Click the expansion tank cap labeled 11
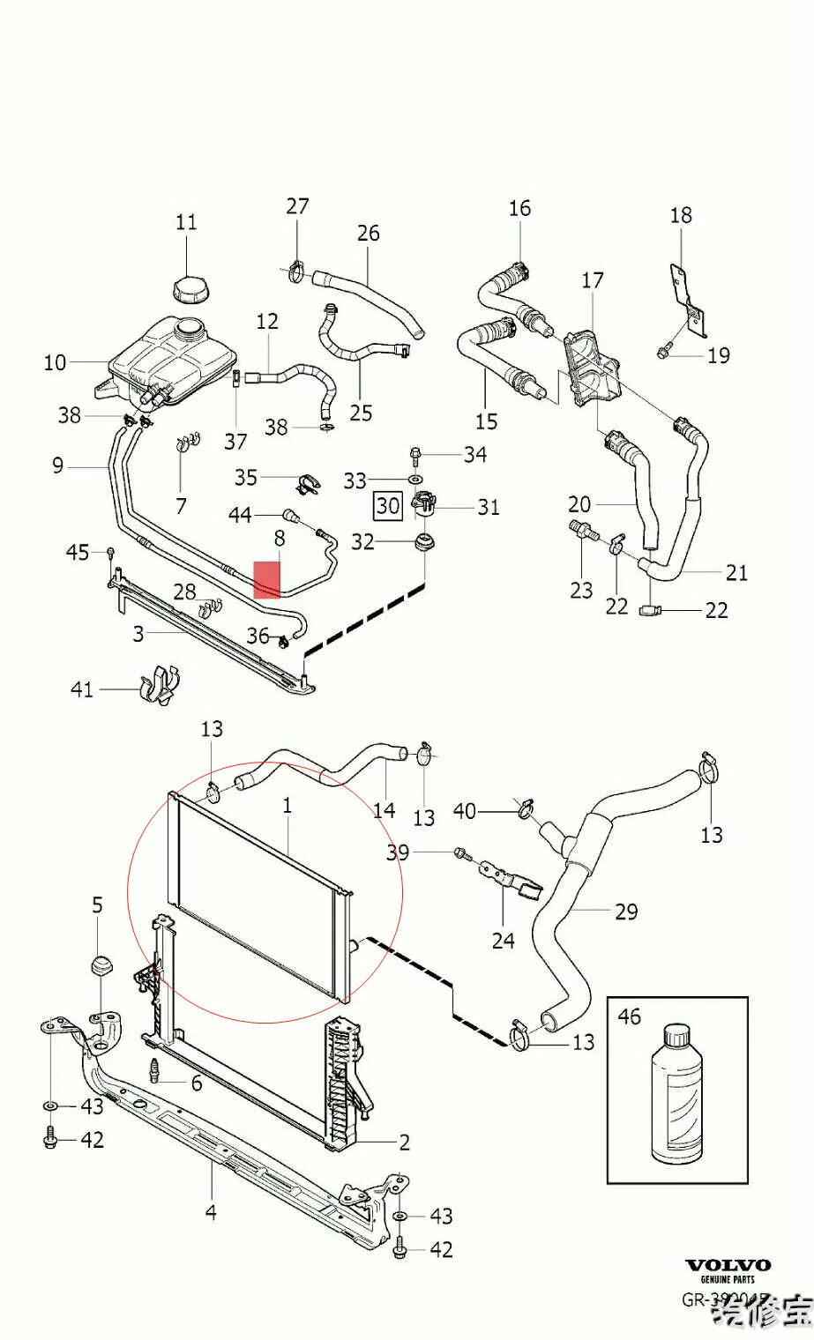(x=186, y=287)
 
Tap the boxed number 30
(x=388, y=506)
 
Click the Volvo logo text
(x=728, y=1265)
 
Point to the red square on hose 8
(x=266, y=579)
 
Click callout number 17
(x=593, y=280)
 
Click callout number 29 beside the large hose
(x=626, y=911)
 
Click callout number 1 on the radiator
(x=287, y=805)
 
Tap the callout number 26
(x=369, y=233)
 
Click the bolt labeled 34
(x=415, y=455)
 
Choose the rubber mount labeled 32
(x=423, y=540)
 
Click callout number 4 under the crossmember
(x=211, y=1212)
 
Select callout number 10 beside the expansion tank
(x=55, y=362)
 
